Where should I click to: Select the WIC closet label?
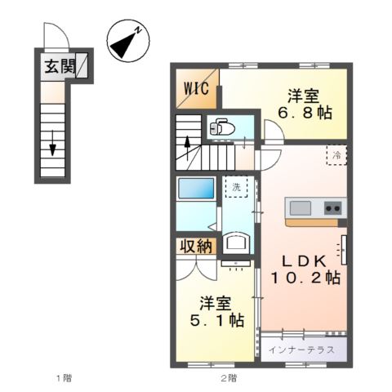tap(194, 87)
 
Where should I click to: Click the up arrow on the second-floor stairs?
tap(189, 151)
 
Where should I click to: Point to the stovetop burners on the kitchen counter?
tap(333, 208)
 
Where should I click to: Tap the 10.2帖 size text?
tap(305, 278)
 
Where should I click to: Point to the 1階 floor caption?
tap(63, 377)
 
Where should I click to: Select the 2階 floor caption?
tap(228, 377)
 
